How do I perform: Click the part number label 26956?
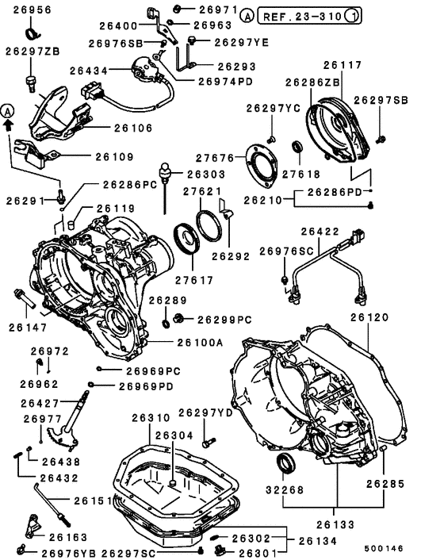tap(29, 10)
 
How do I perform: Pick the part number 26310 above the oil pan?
tap(151, 417)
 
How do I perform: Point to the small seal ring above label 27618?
tap(298, 146)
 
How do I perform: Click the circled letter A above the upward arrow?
tap(9, 109)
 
